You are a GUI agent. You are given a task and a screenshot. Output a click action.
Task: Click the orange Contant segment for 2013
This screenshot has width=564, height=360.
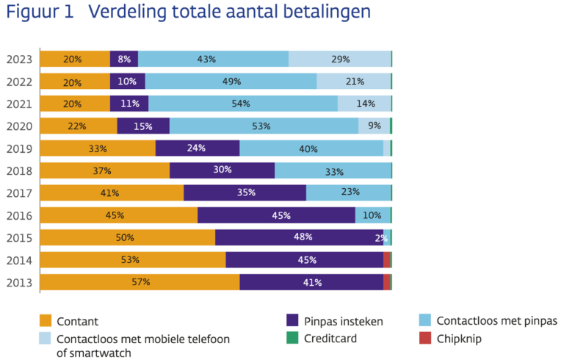click(x=140, y=282)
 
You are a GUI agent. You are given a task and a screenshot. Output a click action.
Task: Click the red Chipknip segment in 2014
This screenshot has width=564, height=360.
click(x=387, y=260)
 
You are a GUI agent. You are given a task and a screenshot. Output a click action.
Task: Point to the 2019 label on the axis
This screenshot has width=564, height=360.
click(x=19, y=149)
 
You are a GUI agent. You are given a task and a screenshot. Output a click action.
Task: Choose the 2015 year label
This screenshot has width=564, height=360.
click(x=19, y=238)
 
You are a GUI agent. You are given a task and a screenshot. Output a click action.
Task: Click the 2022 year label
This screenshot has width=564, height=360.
click(x=19, y=82)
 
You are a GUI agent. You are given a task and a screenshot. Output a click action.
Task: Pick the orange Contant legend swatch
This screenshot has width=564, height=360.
click(x=46, y=320)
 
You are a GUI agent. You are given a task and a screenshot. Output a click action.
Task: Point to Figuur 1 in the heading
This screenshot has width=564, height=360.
click(x=40, y=12)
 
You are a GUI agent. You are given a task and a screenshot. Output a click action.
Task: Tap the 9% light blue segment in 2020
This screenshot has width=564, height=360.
click(x=374, y=126)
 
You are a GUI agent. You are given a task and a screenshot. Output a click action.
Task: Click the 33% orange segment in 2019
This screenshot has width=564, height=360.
click(x=98, y=148)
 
